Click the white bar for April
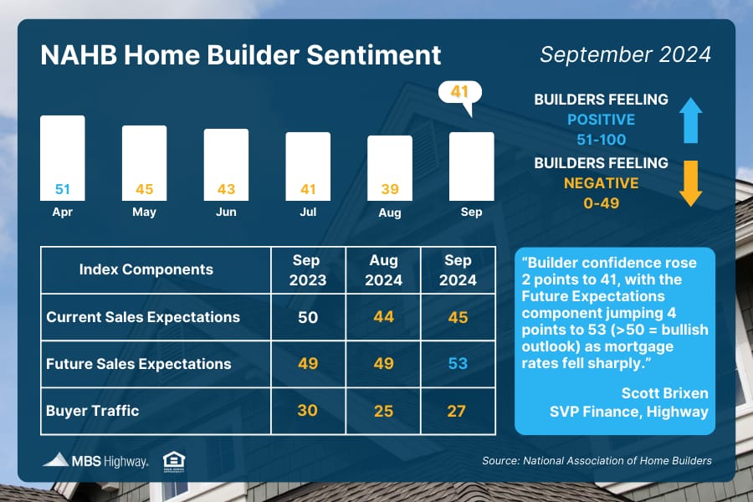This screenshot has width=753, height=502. click(x=63, y=157)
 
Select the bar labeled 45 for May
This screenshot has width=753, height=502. click(x=144, y=163)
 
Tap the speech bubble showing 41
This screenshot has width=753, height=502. click(x=459, y=94)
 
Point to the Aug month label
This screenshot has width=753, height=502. click(x=389, y=213)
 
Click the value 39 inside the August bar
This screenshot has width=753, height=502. click(x=390, y=189)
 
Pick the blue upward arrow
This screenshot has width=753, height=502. click(x=690, y=120)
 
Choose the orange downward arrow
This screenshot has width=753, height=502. click(x=690, y=183)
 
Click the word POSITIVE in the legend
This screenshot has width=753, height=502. click(x=602, y=120)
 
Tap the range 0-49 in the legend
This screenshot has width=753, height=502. click(x=602, y=203)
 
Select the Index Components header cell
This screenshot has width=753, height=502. click(x=156, y=270)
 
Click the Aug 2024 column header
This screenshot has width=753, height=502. click(x=383, y=270)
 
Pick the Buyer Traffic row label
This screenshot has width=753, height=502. click(x=93, y=411)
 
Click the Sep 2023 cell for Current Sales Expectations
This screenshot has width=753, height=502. click(x=308, y=317)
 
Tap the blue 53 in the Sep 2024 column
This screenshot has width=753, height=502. click(x=458, y=364)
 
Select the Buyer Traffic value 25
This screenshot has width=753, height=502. click(x=383, y=411)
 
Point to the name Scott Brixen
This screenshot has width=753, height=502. click(x=664, y=393)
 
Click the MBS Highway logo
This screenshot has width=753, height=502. click(x=95, y=461)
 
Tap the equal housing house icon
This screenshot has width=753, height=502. click(x=174, y=462)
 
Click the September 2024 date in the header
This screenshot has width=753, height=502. click(x=625, y=54)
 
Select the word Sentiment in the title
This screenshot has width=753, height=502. click(x=374, y=54)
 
